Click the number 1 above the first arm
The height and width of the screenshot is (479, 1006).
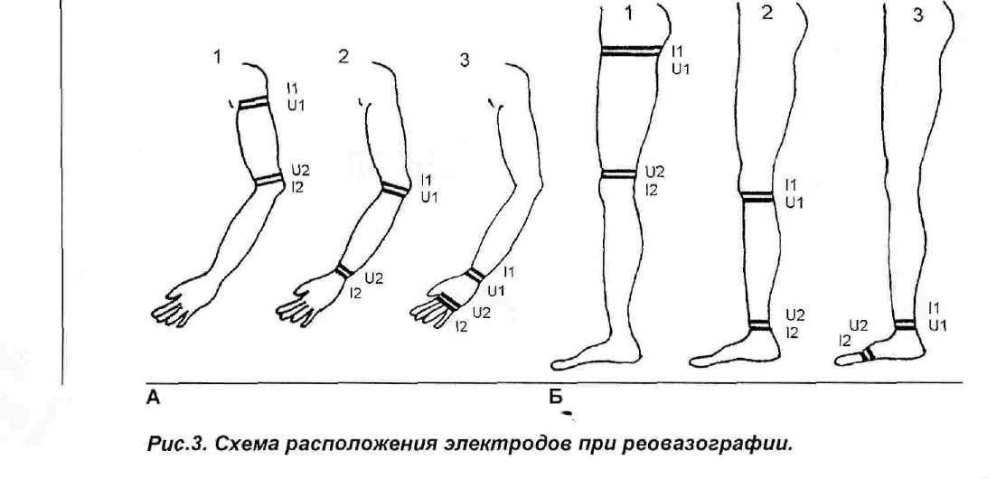click(x=218, y=58)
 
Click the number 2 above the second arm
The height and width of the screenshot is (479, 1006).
click(x=343, y=57)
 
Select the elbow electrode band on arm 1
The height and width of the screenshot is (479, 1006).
click(x=268, y=181)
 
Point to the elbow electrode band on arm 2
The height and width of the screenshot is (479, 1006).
click(x=393, y=190)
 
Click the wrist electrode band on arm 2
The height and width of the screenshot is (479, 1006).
click(x=343, y=270)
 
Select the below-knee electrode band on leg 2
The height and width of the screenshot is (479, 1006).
click(x=757, y=196)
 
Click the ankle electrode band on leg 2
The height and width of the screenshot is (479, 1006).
click(x=760, y=324)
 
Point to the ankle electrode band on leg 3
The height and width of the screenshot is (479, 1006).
click(x=905, y=323)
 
